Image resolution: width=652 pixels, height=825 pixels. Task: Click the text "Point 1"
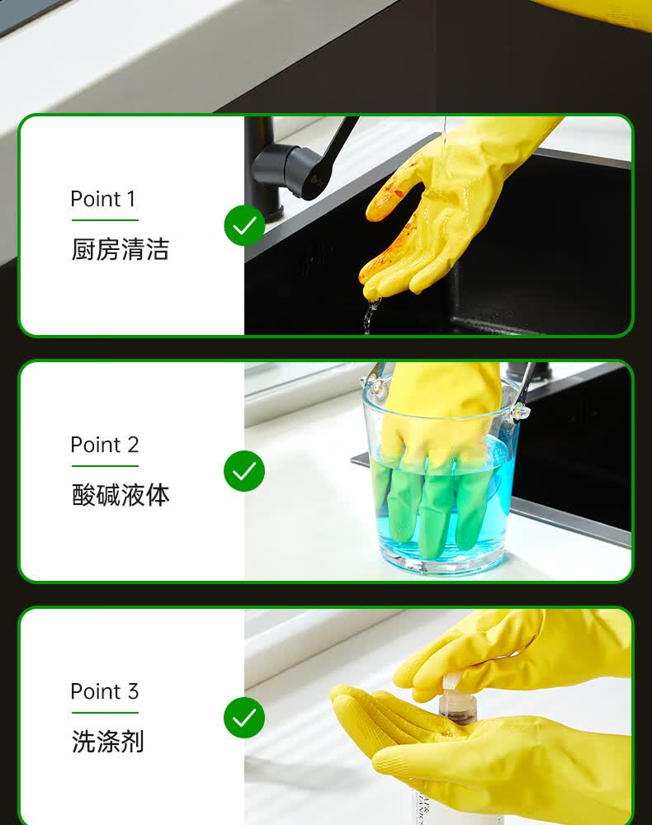coord(103,199)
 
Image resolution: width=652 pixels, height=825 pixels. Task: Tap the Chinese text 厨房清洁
coord(120,249)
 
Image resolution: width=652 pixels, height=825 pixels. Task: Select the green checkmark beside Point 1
coord(244,225)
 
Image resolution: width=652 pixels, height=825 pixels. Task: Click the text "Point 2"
coord(105,445)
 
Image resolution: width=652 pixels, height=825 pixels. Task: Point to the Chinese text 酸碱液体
coord(120,495)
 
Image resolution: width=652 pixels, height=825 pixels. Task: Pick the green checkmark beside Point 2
coord(244,471)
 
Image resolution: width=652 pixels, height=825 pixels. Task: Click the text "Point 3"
coord(105,691)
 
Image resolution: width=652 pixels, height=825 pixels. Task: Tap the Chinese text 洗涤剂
coord(108,742)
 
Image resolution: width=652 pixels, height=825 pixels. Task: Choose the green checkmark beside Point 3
coord(244,718)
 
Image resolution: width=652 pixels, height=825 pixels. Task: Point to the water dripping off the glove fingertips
coord(371,314)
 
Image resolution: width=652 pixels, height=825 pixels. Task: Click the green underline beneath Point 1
coord(105,220)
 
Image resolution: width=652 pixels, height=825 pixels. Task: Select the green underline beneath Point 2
coord(105,465)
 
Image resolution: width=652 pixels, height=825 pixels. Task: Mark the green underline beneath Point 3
coord(105,713)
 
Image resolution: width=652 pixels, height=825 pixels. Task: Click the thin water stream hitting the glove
coord(444,136)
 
